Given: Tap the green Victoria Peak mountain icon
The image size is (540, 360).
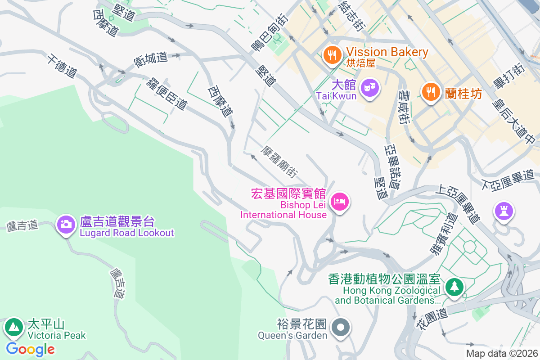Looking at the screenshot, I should click(13, 327).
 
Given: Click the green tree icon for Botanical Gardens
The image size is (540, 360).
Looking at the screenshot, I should click(454, 287).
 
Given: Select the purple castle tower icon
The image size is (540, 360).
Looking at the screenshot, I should click(503, 211).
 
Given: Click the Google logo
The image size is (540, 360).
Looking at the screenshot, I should click(30, 349).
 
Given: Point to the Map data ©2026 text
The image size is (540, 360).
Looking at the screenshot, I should click(501, 353).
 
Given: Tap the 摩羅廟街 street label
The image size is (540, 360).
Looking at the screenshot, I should click(279, 162).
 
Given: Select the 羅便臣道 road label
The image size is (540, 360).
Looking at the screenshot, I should click(166, 93).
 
